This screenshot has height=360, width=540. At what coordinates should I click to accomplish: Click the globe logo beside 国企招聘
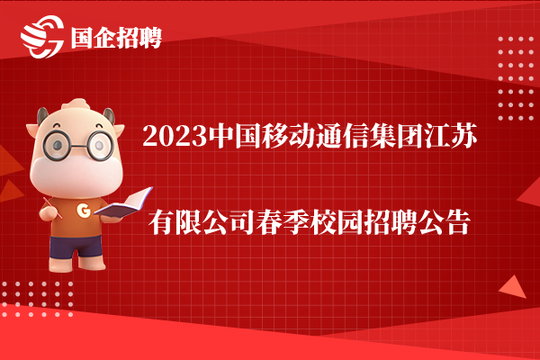tap(42, 37)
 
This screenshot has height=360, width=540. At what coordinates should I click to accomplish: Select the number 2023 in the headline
tap(175, 136)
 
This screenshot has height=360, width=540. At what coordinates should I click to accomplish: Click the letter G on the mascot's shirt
tap(84, 210)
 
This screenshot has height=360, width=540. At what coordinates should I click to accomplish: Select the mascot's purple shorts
tap(76, 247)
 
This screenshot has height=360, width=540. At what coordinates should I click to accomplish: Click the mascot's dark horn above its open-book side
tap(109, 115)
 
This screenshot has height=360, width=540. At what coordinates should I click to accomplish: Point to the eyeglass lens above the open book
tap(100, 145)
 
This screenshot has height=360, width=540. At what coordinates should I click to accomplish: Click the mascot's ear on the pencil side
tap(31, 130)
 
